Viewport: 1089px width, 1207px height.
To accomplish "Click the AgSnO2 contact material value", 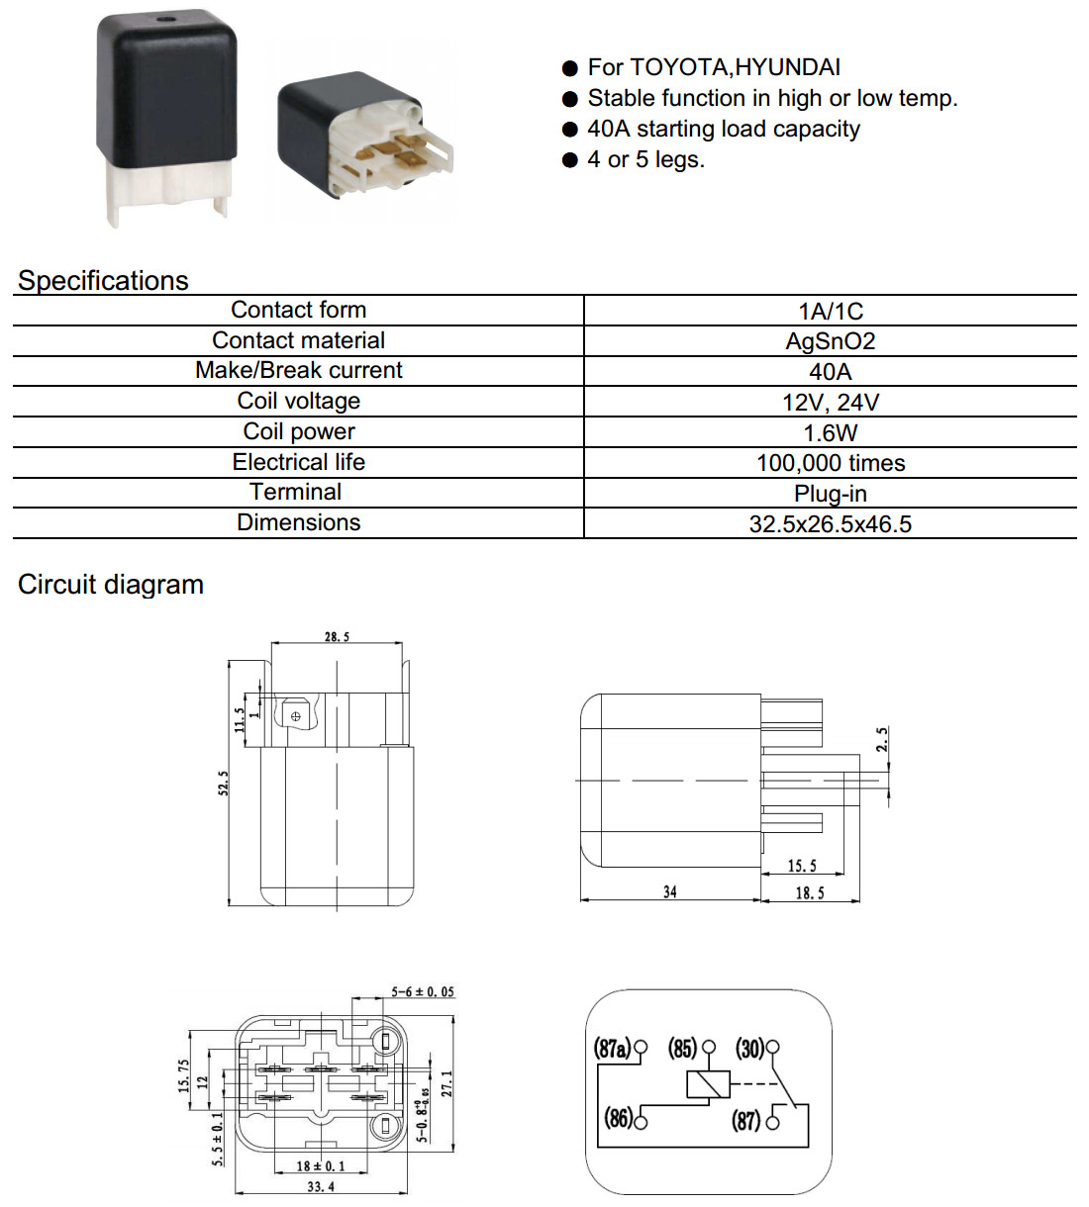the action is coord(830,341).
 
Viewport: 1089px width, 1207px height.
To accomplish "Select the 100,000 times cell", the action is coord(831,463).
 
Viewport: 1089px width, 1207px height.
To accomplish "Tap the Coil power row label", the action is coord(299,431).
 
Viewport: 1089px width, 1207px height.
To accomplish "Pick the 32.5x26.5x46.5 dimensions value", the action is coord(830,524).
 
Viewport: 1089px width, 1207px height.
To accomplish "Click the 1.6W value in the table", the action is coord(830,432).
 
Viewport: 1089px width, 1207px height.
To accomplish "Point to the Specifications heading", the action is coord(103,280).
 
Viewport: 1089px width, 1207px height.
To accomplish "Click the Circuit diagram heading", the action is coord(111,585).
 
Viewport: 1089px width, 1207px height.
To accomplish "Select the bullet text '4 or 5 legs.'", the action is coord(645,159).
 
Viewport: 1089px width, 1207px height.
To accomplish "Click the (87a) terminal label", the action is coord(612,1048).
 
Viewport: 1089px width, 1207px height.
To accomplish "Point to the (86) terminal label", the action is coord(619,1118).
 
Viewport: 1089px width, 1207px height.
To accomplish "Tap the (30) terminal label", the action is coord(749,1048).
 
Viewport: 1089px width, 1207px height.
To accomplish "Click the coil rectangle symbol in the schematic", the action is coord(708,1084).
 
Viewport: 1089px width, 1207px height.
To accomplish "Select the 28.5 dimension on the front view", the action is coord(337,636).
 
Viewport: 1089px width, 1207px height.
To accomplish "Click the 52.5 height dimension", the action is coord(223,784).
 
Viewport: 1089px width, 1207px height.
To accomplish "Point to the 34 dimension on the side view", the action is coord(670,891).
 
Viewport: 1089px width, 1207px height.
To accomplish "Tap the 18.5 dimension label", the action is coord(810,893).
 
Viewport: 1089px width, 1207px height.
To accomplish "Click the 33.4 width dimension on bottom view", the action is coord(321,1187).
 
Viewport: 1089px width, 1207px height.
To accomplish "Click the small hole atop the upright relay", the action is coord(165,19).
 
